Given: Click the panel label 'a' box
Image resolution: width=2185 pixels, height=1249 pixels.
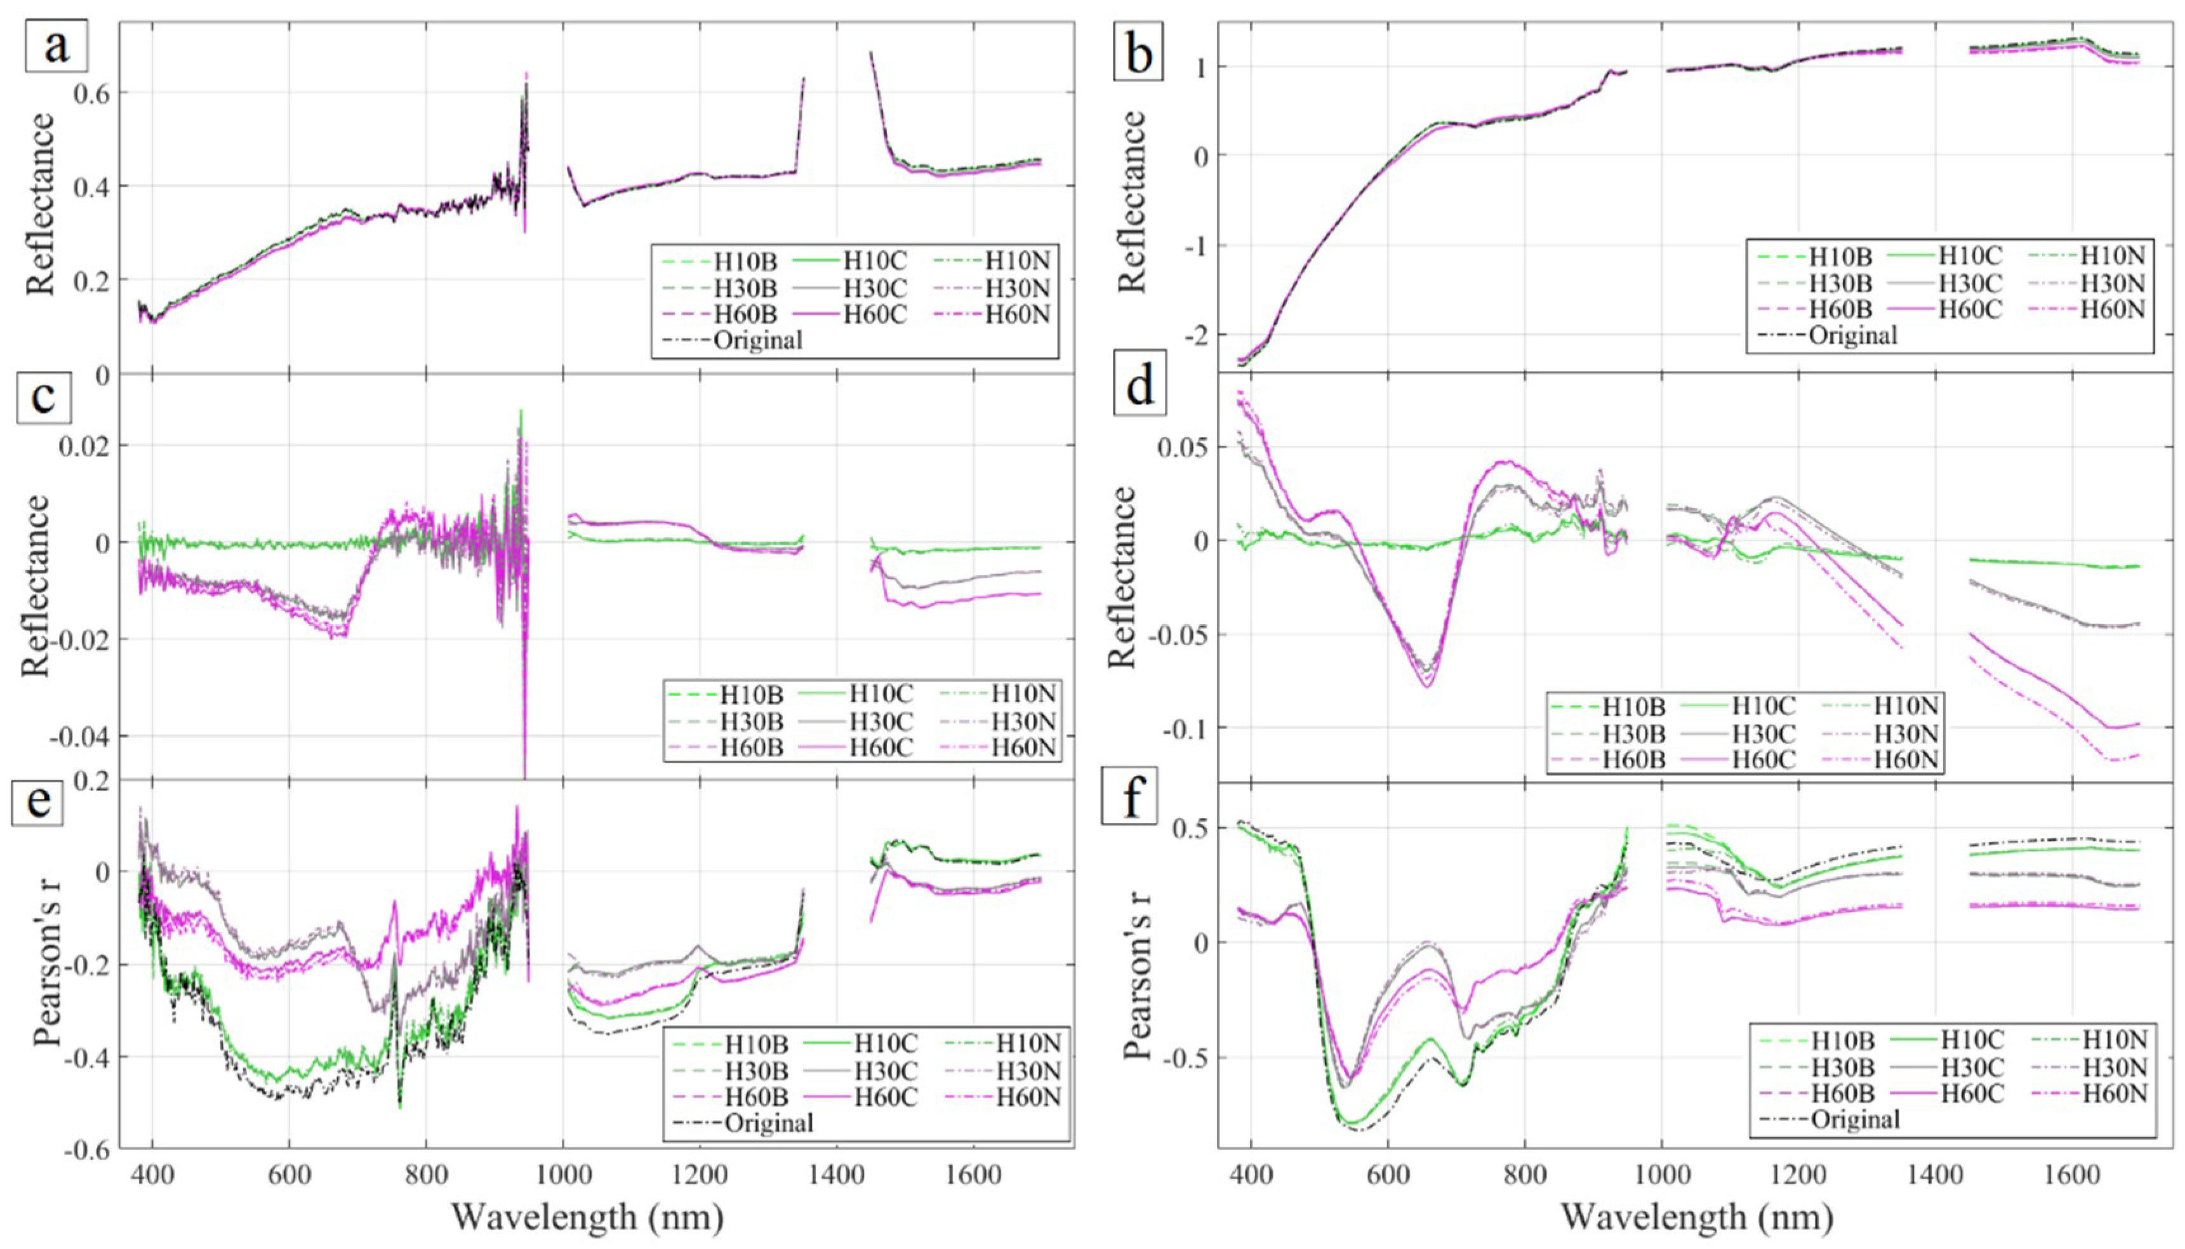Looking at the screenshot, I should click(x=56, y=46).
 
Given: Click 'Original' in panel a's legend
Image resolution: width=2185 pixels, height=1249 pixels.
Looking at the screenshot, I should click(x=758, y=340).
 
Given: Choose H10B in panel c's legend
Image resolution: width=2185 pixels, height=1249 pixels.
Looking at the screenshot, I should click(x=751, y=694).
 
